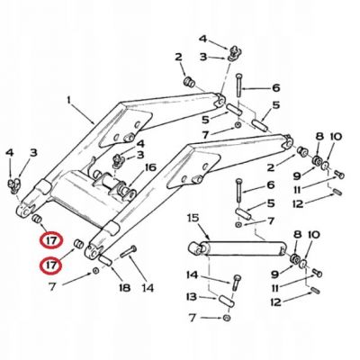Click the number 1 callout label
click(68, 100)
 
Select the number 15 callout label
click(193, 218)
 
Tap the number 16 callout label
click(149, 167)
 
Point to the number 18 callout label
click(124, 288)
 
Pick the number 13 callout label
click(191, 297)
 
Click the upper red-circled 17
click(51, 241)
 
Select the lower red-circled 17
click(51, 265)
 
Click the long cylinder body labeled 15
click(243, 248)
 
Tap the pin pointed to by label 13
click(227, 301)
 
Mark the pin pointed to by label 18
click(105, 259)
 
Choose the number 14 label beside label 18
click(147, 288)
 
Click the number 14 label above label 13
click(192, 274)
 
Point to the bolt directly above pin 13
click(237, 282)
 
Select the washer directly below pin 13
click(227, 318)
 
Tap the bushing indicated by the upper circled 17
click(37, 218)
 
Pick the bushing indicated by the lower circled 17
click(78, 243)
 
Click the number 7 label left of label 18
click(52, 287)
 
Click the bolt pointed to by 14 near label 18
click(129, 251)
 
